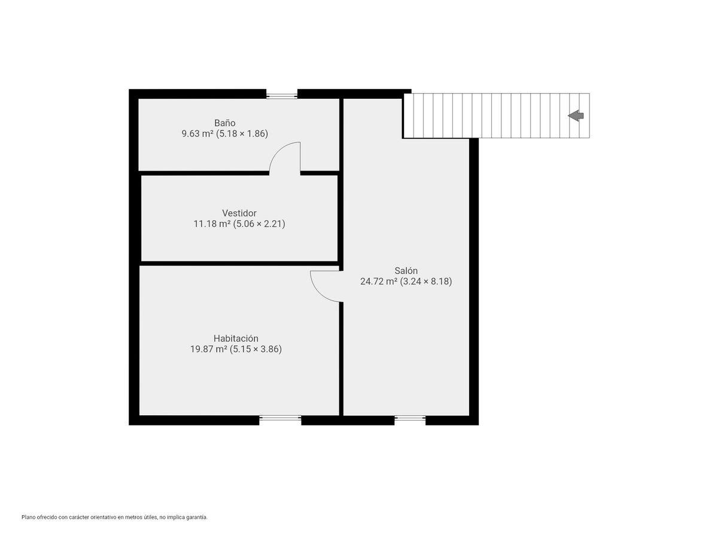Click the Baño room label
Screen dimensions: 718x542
point(225,123)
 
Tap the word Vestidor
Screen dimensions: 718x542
point(239,213)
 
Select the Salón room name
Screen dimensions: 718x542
point(406,270)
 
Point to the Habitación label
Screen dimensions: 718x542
point(236,339)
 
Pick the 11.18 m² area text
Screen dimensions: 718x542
point(212,224)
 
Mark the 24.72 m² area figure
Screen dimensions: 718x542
point(379,281)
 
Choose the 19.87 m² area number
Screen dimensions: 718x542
point(209,349)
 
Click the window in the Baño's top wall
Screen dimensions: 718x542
point(282,96)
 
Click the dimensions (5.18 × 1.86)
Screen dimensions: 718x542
point(242,133)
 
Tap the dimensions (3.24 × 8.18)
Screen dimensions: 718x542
point(426,281)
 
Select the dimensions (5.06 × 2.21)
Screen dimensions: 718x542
point(259,224)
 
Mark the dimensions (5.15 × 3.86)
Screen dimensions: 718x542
point(256,349)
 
